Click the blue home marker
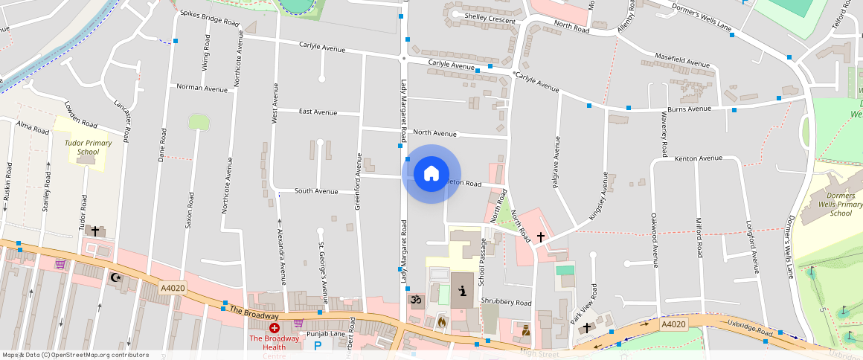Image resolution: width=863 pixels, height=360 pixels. point(431,174)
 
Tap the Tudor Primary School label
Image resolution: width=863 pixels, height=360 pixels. point(88,147)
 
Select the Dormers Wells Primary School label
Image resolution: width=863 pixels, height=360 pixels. point(840,205)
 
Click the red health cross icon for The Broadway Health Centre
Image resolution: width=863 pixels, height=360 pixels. point(275,327)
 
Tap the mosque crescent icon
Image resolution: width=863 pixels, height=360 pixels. point(115,277)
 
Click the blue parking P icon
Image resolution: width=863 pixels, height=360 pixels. point(318,345)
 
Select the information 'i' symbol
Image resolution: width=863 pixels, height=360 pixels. point(462,291)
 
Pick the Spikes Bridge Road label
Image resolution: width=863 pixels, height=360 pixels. point(206,21)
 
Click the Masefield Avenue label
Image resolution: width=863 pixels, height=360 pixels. point(682,60)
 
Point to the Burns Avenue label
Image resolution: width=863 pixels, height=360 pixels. point(690,109)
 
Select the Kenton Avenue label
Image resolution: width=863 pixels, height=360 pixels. point(698,158)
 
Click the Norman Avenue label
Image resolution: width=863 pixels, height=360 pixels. point(202,88)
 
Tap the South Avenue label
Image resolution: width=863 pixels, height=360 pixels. point(316,191)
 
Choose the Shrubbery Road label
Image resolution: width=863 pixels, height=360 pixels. point(506,302)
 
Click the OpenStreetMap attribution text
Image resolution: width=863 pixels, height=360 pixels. point(75,355)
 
